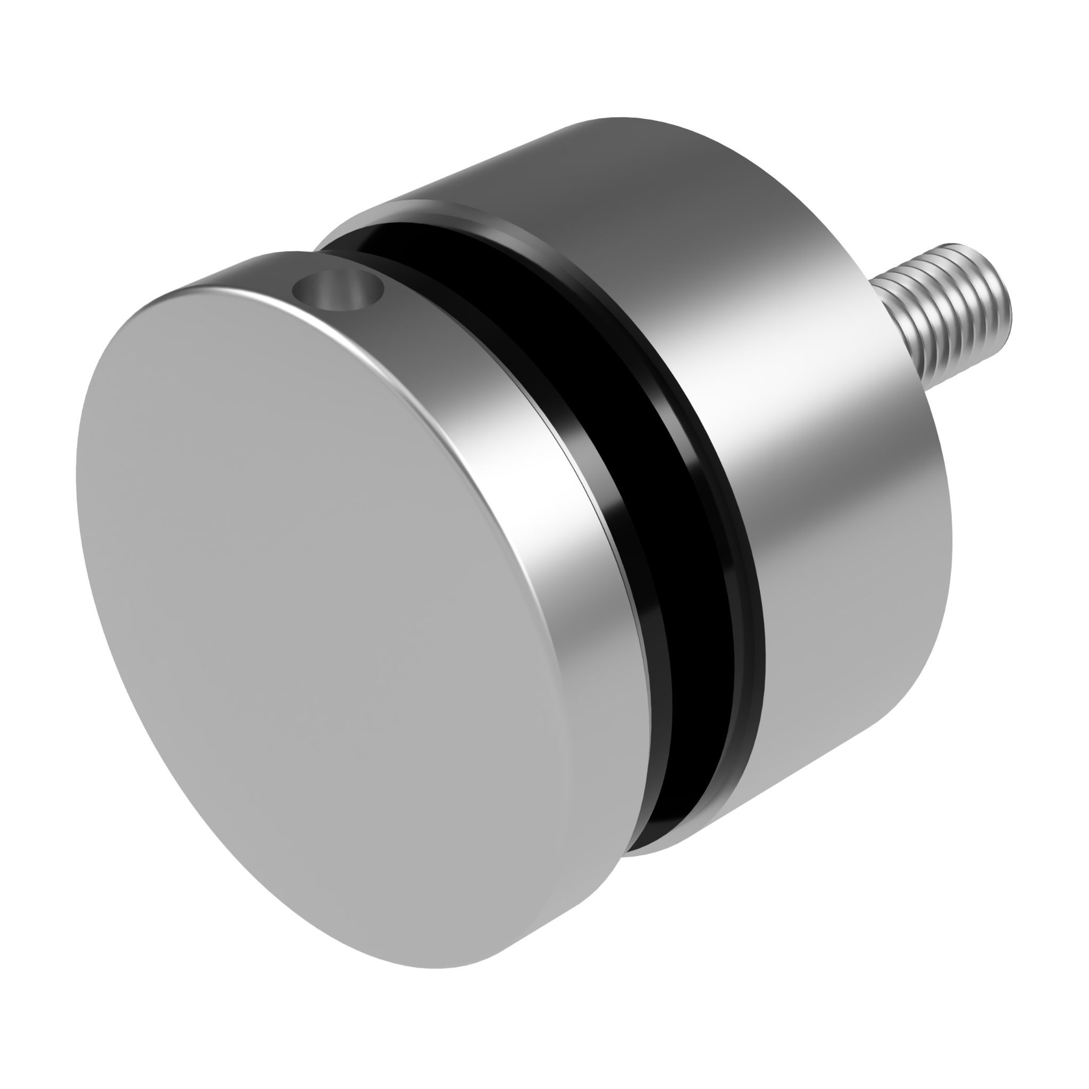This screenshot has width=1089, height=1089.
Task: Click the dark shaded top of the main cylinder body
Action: (648, 169)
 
